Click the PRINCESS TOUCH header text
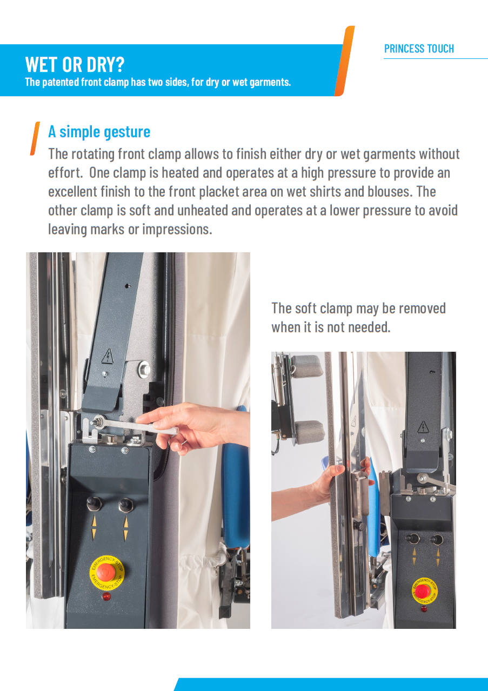coord(419,49)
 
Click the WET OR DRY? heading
coord(75,64)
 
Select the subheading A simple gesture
coord(99,131)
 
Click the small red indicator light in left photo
coord(106,596)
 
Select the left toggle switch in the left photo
coord(94,504)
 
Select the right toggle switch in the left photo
coord(125,505)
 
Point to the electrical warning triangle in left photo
coord(108,356)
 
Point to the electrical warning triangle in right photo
coord(423,427)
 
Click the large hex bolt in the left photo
coord(144,370)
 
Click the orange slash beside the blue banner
coord(344,61)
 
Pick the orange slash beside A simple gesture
coord(35,139)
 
